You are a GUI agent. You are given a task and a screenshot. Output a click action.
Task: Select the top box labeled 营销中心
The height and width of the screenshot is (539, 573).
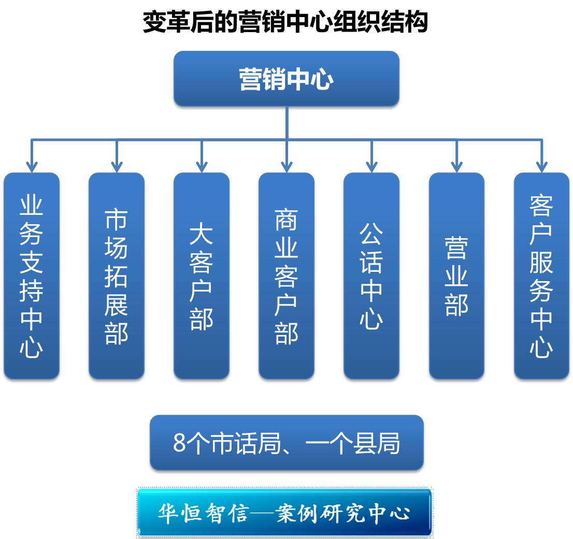point(286,79)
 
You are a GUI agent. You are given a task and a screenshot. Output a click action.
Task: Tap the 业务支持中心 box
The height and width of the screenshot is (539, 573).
point(32,276)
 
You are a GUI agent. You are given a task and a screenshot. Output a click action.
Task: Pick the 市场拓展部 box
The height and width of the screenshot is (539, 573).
point(117,276)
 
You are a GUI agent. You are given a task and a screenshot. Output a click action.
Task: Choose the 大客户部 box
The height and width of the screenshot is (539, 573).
point(202,276)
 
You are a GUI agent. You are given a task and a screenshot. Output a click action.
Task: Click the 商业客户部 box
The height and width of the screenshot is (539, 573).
point(286,276)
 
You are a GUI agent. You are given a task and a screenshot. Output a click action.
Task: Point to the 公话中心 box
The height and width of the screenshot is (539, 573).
point(371,276)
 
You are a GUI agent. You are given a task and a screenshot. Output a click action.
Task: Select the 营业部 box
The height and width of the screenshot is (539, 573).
point(456,276)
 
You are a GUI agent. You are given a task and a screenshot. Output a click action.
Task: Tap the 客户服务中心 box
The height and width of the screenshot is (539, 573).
point(541,276)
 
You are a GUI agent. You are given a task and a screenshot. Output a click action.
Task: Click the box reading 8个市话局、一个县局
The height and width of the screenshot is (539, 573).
point(286,443)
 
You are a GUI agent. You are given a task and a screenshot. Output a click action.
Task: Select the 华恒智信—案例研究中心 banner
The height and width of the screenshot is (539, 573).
point(284,512)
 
